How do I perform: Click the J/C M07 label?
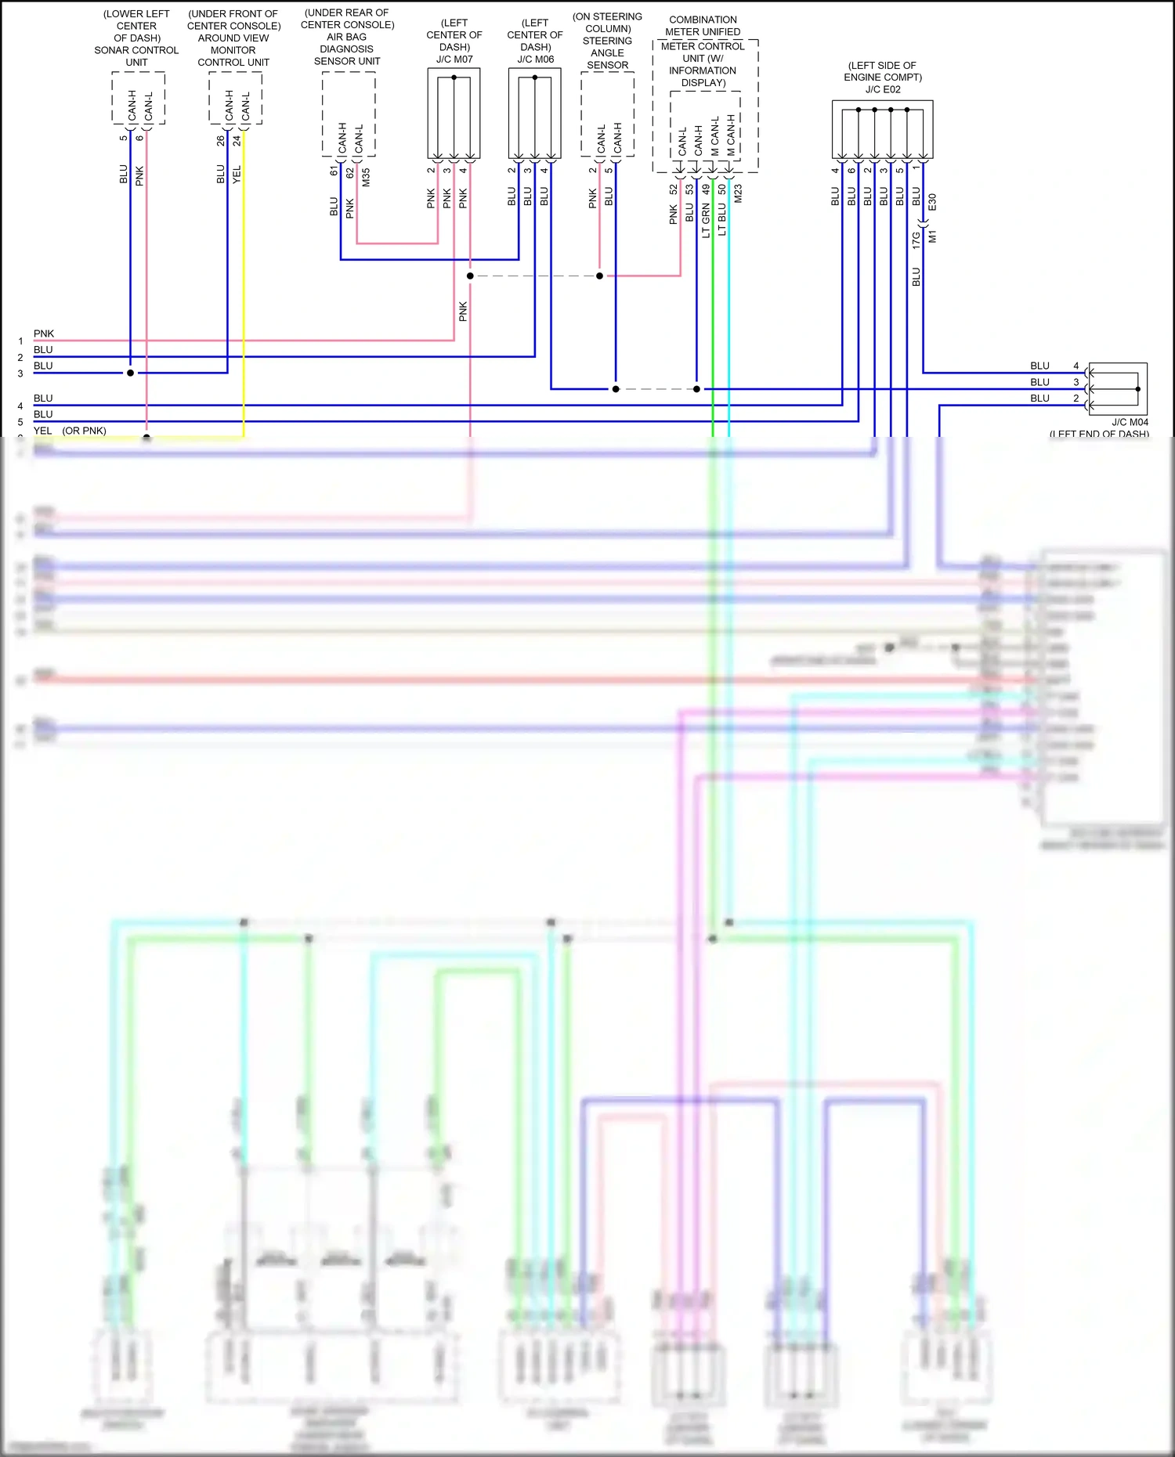(454, 60)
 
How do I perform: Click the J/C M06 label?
(535, 60)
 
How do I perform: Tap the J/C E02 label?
(883, 89)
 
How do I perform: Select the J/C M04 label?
(1130, 422)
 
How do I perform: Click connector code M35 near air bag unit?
(366, 177)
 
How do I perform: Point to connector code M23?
(738, 194)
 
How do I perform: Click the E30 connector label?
(932, 202)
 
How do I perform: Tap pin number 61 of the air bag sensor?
(334, 171)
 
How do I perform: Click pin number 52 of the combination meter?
(674, 189)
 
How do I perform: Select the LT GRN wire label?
(706, 220)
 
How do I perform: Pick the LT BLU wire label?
(722, 220)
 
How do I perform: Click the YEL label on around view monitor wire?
(237, 175)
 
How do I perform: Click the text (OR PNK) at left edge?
(84, 431)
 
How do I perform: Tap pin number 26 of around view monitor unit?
(220, 141)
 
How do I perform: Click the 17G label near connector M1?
(916, 240)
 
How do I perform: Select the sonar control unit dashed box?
(138, 98)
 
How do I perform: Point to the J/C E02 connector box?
(882, 130)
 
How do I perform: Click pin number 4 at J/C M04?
(1076, 366)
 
